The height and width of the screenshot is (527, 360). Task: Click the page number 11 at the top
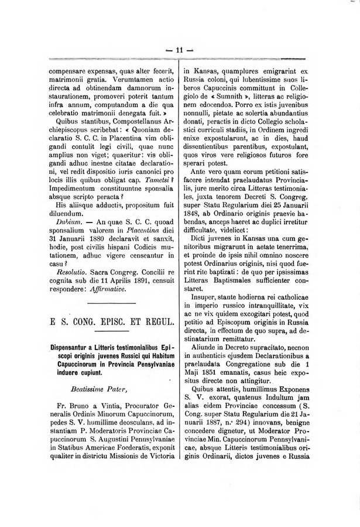pos(180,51)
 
